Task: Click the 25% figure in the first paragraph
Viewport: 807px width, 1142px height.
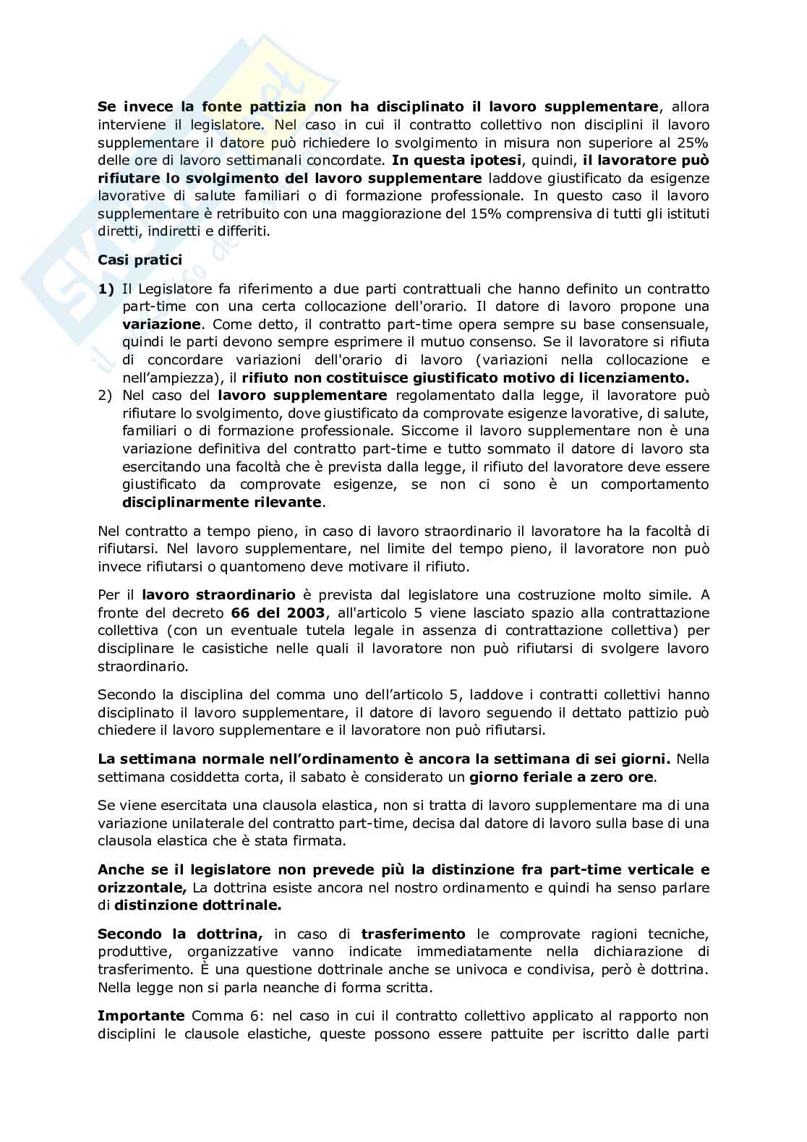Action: (693, 142)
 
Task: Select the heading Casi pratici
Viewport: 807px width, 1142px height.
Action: (140, 259)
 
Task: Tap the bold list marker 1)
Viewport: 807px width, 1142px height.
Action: (106, 289)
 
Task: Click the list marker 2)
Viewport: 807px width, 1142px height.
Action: (106, 395)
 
